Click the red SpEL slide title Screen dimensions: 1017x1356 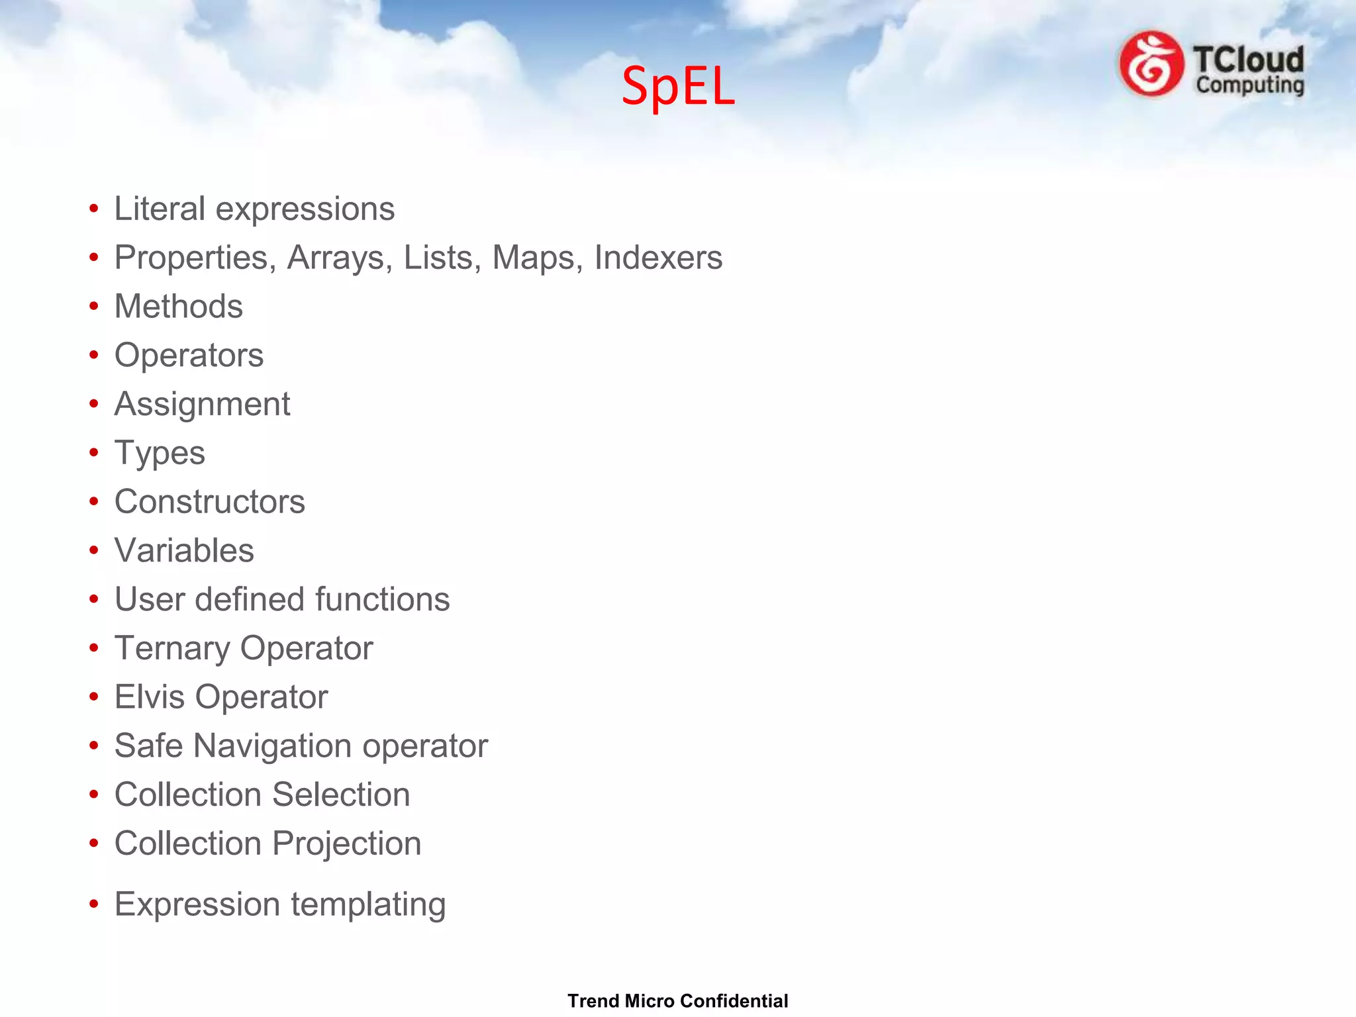tap(678, 86)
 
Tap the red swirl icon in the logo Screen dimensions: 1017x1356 tap(1151, 64)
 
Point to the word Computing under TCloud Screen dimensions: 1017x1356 tap(1250, 86)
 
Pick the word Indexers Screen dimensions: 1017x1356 tap(658, 258)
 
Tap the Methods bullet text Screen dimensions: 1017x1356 tap(179, 307)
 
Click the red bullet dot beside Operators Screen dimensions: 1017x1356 tap(94, 356)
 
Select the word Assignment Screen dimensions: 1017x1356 tap(202, 405)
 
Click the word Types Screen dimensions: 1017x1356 tap(160, 454)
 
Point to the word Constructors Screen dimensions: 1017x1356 tap(209, 502)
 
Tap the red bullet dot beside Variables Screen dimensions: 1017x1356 tap(94, 551)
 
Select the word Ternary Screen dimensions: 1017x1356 tap(171, 648)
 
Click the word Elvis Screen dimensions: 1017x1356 tap(149, 697)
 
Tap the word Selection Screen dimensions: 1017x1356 tap(341, 795)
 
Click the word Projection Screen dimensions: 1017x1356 tap(346, 844)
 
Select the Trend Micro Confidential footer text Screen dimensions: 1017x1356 tap(677, 1000)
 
